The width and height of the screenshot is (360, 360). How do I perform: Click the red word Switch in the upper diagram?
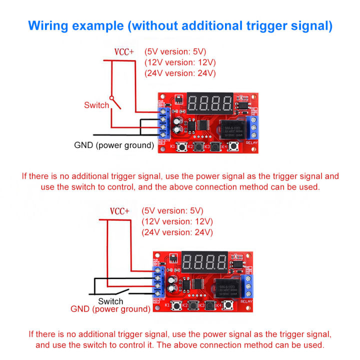(96, 105)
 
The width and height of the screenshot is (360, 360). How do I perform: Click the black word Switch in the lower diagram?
(110, 301)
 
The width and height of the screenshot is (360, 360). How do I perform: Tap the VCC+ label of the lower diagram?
(120, 211)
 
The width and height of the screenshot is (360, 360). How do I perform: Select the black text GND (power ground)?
(114, 145)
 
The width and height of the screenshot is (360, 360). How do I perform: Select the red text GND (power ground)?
(110, 309)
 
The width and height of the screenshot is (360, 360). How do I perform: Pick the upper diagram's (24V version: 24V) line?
(179, 73)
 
